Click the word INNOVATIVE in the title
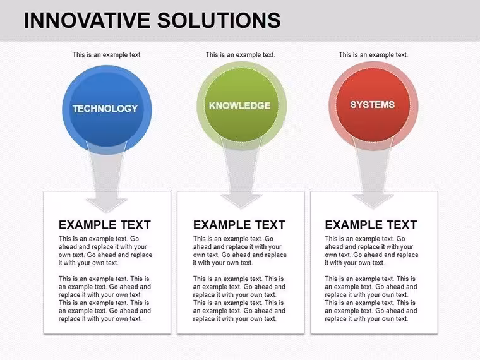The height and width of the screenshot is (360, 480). click(x=87, y=20)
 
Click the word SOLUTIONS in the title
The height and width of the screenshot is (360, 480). click(x=219, y=20)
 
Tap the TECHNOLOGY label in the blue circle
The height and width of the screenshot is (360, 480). click(x=105, y=109)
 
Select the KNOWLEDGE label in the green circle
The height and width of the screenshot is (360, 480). click(x=240, y=105)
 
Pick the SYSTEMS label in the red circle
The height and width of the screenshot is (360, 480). click(x=372, y=105)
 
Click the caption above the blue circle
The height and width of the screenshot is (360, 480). click(x=107, y=55)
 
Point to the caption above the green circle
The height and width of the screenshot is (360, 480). click(x=240, y=55)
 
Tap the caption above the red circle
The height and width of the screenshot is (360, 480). click(x=373, y=55)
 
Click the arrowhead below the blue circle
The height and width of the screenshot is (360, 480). click(x=107, y=205)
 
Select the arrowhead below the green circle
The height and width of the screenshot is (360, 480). click(x=241, y=201)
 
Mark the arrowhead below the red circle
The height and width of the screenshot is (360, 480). click(x=373, y=201)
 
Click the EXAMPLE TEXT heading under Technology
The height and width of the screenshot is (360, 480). click(x=105, y=225)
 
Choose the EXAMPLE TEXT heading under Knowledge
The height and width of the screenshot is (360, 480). click(x=239, y=225)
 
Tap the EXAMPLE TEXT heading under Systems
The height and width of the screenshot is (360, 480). click(x=371, y=225)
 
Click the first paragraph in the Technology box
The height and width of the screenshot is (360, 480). click(x=105, y=251)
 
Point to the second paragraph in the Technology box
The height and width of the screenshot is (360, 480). click(x=105, y=299)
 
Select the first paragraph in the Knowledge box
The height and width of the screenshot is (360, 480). click(x=240, y=251)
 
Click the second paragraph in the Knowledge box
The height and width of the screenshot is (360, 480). click(x=239, y=299)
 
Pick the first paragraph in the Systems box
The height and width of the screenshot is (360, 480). click(x=371, y=251)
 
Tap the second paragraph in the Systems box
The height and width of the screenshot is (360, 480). click(x=371, y=299)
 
